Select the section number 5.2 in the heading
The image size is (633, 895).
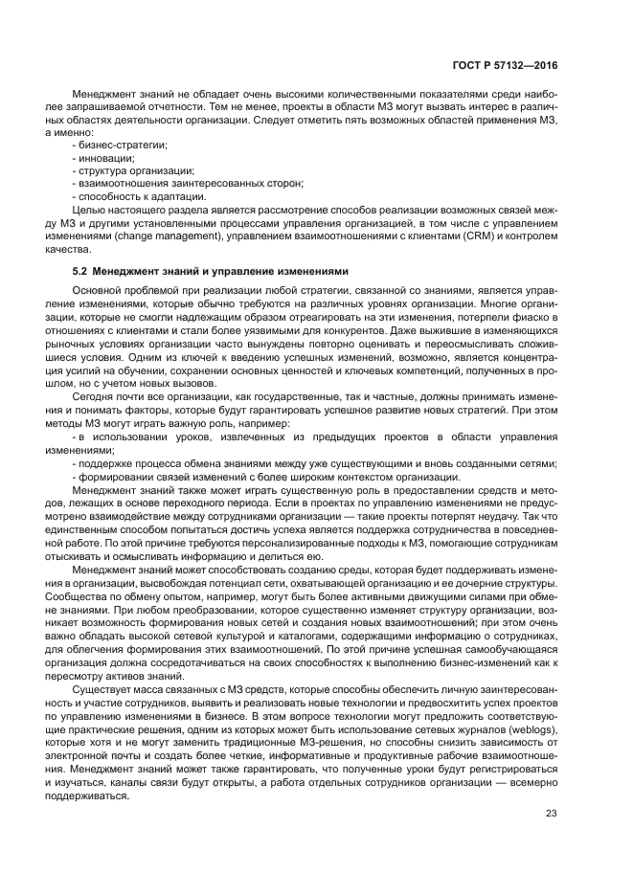80,272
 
